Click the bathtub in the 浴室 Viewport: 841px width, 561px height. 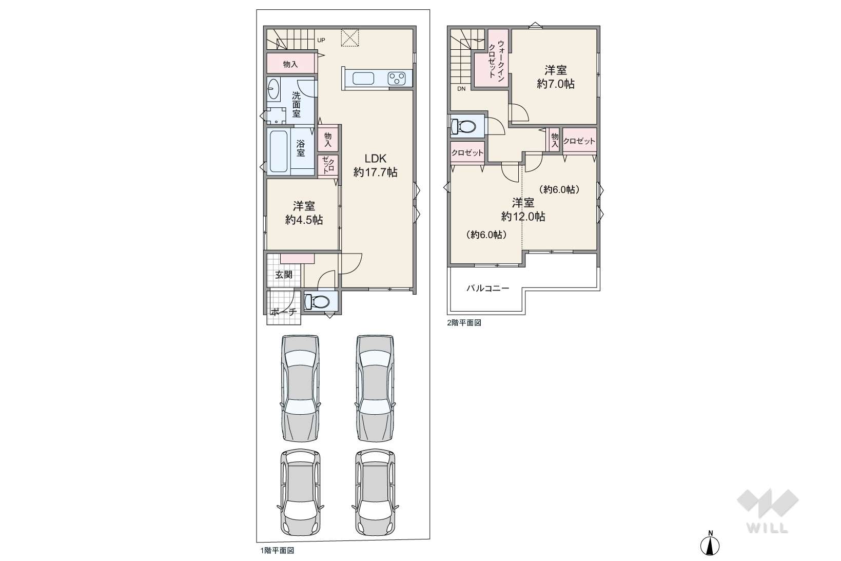coord(279,151)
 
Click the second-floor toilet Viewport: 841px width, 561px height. coord(462,126)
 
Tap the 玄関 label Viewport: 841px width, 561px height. coord(283,275)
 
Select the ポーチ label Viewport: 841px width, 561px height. coord(283,312)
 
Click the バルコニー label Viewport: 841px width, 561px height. coord(487,288)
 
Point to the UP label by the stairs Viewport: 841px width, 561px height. coord(321,40)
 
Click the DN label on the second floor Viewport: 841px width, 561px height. coord(461,89)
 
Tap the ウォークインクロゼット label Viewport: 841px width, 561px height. coord(496,60)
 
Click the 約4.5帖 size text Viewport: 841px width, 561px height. coord(304,220)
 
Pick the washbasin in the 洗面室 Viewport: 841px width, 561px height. coord(273,89)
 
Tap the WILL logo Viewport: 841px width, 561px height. coord(767,511)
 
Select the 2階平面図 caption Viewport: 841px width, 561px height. coord(464,322)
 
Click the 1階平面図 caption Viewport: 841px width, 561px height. coord(277,551)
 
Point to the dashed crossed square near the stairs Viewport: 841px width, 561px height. coord(350,37)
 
